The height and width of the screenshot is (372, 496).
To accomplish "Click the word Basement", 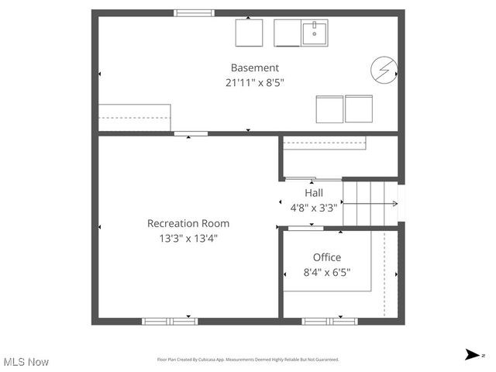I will [254, 68].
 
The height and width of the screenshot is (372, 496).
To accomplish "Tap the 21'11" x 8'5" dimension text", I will [254, 82].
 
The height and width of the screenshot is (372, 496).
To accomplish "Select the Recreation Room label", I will [188, 223].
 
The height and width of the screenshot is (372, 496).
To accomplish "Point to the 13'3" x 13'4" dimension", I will [188, 238].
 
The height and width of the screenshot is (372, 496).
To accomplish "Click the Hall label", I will [314, 193].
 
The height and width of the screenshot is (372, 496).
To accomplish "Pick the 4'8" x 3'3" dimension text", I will [314, 208].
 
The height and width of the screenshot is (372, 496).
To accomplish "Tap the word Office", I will [326, 257].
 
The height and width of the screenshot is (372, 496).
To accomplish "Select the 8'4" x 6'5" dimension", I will [326, 272].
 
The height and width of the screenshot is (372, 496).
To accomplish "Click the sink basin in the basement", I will [315, 33].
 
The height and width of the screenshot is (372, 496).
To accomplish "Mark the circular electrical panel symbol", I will [383, 70].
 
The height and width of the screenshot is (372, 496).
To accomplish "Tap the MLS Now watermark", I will [26, 362].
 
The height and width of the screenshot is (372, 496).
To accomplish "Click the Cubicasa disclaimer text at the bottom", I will [248, 360].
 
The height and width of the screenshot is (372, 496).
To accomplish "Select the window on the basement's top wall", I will [194, 13].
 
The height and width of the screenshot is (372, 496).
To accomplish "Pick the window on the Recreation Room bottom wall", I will [169, 321].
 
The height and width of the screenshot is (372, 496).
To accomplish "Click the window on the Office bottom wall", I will [329, 321].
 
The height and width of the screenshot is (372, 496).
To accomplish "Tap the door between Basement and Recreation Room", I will [191, 134].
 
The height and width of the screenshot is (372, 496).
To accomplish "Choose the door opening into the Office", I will [305, 228].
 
